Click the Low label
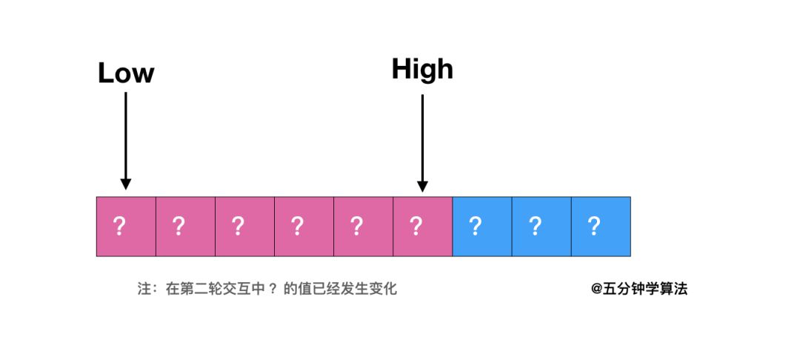click(126, 73)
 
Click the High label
click(422, 69)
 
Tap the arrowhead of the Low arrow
click(126, 183)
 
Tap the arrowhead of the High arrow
click(422, 185)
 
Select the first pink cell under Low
click(126, 227)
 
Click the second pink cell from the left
click(185, 227)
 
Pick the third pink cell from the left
click(244, 227)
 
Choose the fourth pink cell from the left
click(304, 227)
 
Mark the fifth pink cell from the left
click(363, 227)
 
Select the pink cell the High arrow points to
click(422, 227)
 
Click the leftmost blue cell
click(481, 227)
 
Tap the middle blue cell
click(541, 227)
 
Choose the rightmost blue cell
click(601, 227)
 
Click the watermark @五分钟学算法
click(639, 289)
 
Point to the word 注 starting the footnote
click(144, 289)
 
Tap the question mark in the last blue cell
click(593, 226)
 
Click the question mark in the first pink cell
click(119, 226)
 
